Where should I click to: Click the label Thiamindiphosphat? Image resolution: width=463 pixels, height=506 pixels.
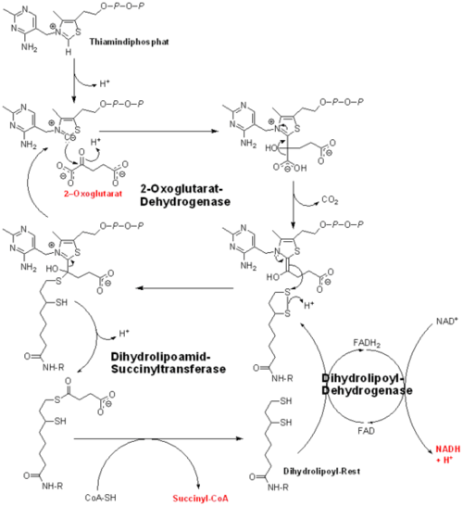pyautogui.click(x=129, y=42)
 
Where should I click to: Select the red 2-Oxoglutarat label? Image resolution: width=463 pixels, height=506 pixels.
pyautogui.click(x=93, y=194)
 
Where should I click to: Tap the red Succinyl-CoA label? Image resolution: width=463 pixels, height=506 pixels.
pyautogui.click(x=200, y=499)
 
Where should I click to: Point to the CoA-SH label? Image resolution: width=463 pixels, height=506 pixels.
pyautogui.click(x=100, y=498)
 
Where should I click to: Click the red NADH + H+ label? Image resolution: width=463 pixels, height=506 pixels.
pyautogui.click(x=448, y=454)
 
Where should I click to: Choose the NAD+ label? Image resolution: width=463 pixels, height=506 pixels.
pyautogui.click(x=447, y=322)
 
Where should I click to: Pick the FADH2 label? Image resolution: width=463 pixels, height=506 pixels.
pyautogui.click(x=367, y=343)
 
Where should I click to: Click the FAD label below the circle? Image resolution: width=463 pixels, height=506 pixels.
pyautogui.click(x=367, y=431)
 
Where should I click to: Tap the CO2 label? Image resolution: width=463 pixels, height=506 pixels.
pyautogui.click(x=330, y=200)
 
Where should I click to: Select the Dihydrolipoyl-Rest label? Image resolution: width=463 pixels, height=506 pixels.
pyautogui.click(x=321, y=472)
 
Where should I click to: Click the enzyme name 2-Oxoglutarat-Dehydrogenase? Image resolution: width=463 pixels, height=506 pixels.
pyautogui.click(x=185, y=195)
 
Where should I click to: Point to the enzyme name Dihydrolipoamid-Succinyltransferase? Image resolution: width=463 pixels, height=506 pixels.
pyautogui.click(x=168, y=362)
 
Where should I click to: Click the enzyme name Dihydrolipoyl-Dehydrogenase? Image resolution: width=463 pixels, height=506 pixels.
pyautogui.click(x=367, y=384)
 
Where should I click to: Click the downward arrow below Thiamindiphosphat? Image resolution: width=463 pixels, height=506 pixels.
pyautogui.click(x=74, y=81)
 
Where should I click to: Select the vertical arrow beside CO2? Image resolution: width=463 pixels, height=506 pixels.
pyautogui.click(x=293, y=205)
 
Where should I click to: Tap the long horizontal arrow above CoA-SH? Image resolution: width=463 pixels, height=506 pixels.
pyautogui.click(x=158, y=438)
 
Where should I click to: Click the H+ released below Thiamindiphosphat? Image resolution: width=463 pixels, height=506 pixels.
pyautogui.click(x=105, y=84)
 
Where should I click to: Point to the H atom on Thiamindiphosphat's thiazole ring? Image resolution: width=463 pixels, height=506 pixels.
pyautogui.click(x=69, y=52)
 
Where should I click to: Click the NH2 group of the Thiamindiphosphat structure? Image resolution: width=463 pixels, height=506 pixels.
pyautogui.click(x=29, y=47)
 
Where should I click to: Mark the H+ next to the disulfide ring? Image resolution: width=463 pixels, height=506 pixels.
pyautogui.click(x=309, y=305)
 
